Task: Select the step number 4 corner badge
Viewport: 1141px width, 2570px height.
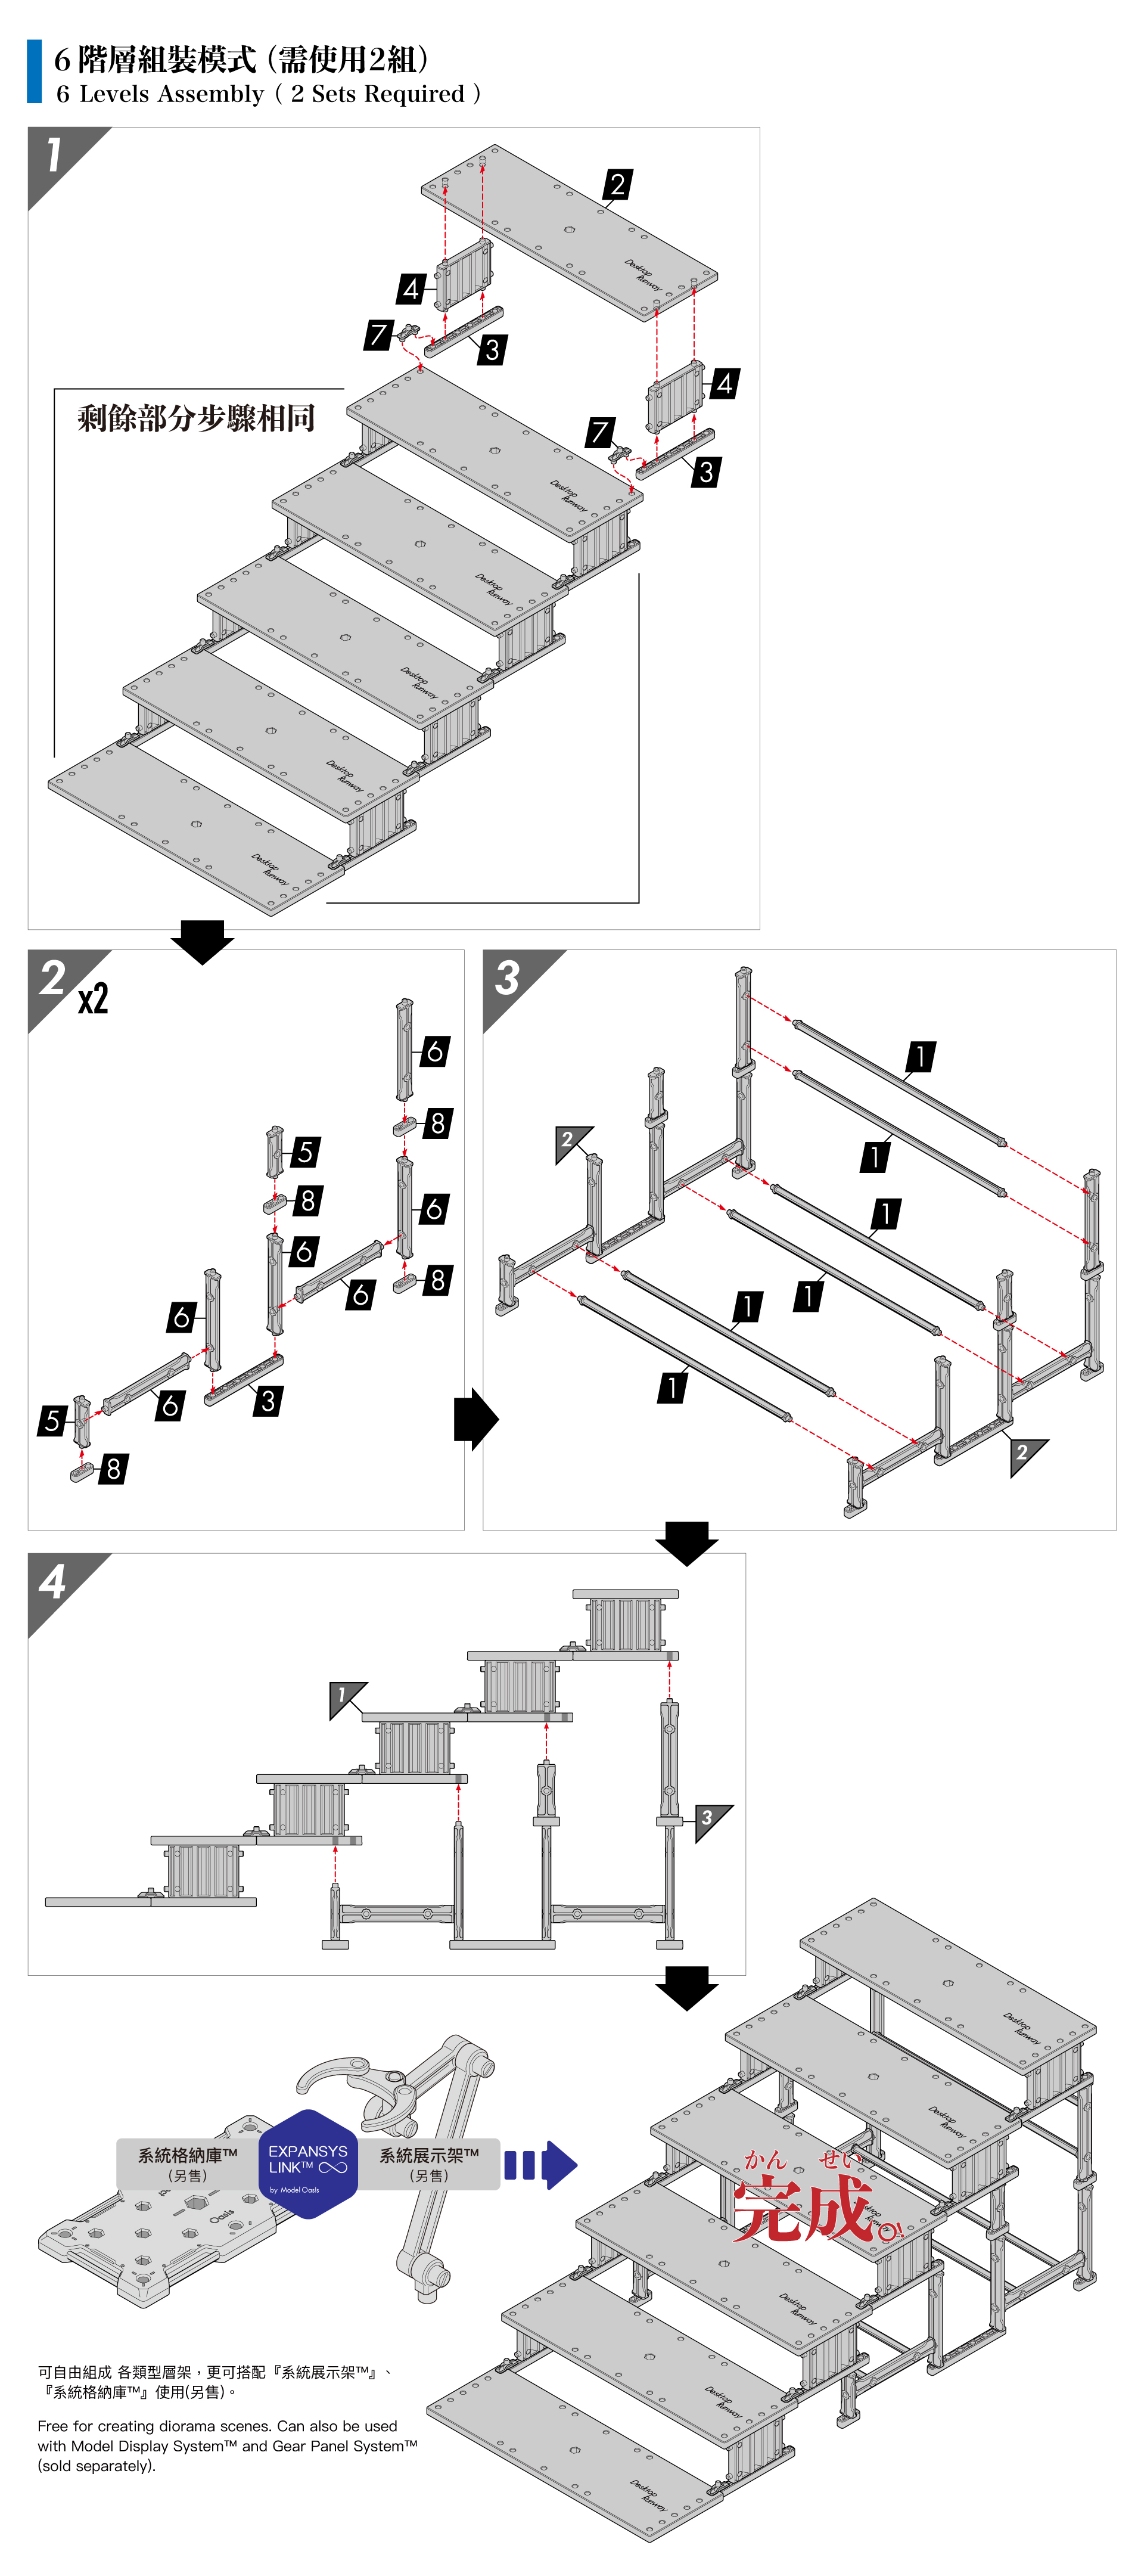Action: (x=53, y=1581)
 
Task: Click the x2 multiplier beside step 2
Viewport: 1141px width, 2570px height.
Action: (x=93, y=999)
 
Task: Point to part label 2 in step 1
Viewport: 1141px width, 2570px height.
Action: (x=617, y=185)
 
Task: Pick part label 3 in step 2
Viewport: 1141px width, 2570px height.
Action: (x=268, y=1401)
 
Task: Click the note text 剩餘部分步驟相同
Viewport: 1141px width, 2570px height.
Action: (x=197, y=417)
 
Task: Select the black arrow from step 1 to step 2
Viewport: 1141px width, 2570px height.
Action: (x=203, y=941)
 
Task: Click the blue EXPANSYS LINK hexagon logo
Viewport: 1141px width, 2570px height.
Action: (x=307, y=2164)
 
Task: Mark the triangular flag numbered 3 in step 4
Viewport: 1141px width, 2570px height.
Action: (x=708, y=1818)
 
